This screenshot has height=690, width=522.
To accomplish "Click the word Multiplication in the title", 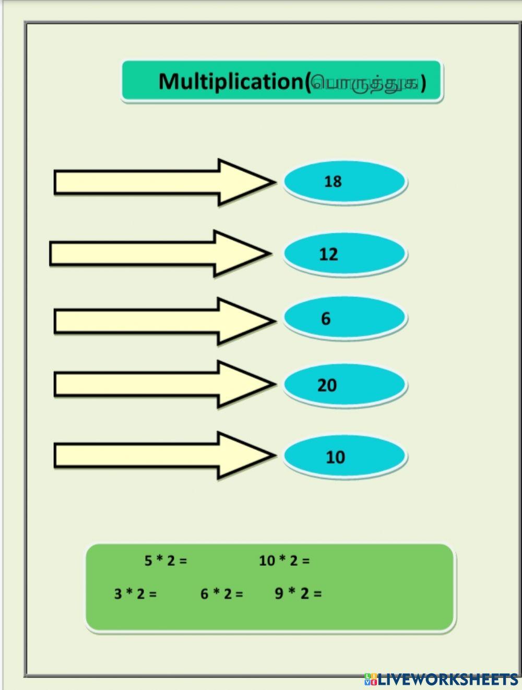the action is click(230, 81).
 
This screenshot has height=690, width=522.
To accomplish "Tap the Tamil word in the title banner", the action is click(365, 82).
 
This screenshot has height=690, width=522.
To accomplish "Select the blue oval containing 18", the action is click(345, 182).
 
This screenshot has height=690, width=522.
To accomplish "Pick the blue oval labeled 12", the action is click(345, 254).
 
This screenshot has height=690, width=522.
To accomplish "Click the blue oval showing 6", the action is click(345, 318).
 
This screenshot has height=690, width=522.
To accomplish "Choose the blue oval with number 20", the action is click(345, 385).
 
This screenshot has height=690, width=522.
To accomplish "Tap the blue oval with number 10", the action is click(345, 457).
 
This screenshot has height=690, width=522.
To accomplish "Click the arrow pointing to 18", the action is click(157, 182).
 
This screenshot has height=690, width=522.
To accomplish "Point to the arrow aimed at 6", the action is click(157, 320).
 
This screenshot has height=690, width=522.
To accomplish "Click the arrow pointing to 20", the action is click(157, 384).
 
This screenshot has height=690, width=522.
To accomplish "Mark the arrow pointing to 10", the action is click(157, 455).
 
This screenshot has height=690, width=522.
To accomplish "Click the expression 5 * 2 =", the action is click(165, 561).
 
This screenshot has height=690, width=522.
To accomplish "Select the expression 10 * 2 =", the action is click(284, 561).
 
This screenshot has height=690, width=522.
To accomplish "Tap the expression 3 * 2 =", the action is click(135, 593).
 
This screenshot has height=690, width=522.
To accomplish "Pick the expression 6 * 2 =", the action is click(221, 593).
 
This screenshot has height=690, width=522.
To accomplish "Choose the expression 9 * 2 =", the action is click(298, 593).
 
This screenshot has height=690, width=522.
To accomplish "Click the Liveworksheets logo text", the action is click(448, 679).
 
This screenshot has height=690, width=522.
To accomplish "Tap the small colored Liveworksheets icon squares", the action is click(371, 679).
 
